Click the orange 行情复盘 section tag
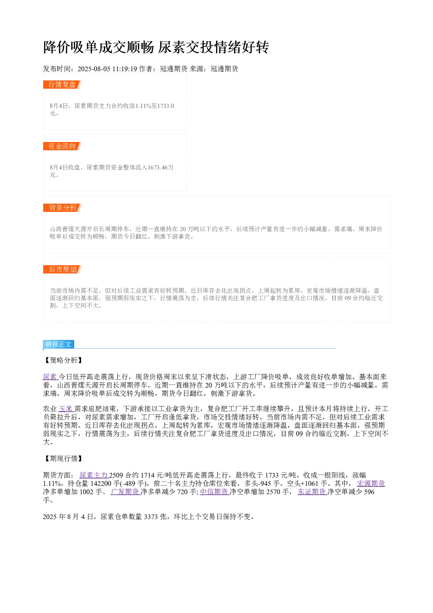click(62, 85)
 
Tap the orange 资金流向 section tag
click(62, 146)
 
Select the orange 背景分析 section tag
click(62, 208)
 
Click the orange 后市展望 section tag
click(62, 269)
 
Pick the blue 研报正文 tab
click(58, 344)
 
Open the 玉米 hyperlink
click(66, 409)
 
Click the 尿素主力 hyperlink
click(94, 475)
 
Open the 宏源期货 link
click(371, 483)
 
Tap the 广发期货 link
click(125, 492)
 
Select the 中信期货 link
click(215, 492)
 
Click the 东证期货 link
click(313, 492)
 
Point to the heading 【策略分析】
click(63, 360)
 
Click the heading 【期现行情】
click(63, 458)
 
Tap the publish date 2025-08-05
click(94, 69)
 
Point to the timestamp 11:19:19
click(125, 69)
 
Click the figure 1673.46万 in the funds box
click(161, 167)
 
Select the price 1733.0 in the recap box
click(165, 106)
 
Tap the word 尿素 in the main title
click(172, 47)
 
